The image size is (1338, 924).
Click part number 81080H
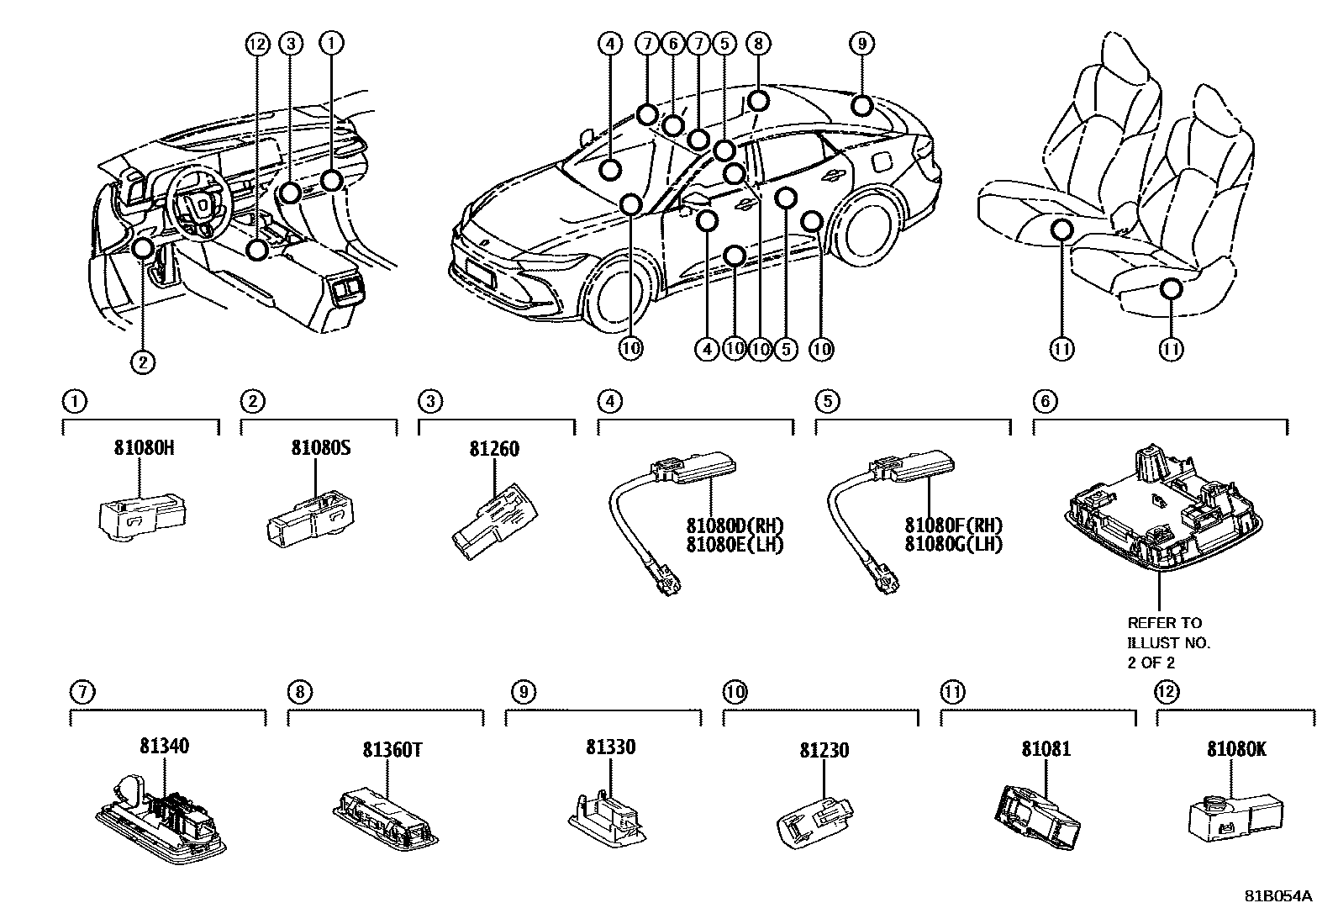pyautogui.click(x=144, y=449)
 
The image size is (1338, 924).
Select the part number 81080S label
pyautogui.click(x=321, y=449)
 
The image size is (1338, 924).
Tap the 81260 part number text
pyautogui.click(x=494, y=449)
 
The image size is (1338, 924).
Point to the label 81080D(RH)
pyautogui.click(x=735, y=525)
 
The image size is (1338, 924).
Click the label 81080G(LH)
pyautogui.click(x=953, y=544)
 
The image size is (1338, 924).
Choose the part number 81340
pyautogui.click(x=165, y=745)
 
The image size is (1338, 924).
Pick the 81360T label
pyautogui.click(x=392, y=749)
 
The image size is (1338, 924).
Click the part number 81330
pyautogui.click(x=610, y=747)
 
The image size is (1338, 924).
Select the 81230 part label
pyautogui.click(x=824, y=749)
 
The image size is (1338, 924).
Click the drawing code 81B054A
pyautogui.click(x=1277, y=895)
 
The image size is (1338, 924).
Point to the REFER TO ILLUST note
pyautogui.click(x=1168, y=642)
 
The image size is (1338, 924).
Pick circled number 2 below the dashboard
pyautogui.click(x=142, y=362)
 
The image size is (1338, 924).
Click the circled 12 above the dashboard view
pyautogui.click(x=257, y=42)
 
